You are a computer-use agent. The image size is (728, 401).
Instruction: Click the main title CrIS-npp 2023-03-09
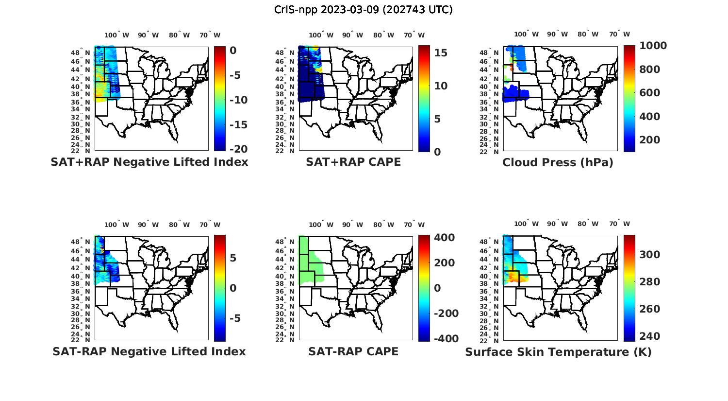(x=363, y=10)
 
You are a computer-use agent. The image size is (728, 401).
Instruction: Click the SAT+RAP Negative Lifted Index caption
(x=149, y=162)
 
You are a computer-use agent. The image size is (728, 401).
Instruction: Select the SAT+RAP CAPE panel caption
(x=353, y=162)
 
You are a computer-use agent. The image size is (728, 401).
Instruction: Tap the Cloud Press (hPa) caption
(x=558, y=162)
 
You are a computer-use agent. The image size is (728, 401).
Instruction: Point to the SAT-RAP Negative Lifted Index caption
(x=149, y=351)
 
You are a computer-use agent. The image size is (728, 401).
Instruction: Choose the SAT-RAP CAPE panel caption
(x=353, y=351)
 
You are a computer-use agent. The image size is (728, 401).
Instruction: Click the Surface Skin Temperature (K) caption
(x=558, y=352)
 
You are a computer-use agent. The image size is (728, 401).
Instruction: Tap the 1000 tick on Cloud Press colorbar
(x=653, y=46)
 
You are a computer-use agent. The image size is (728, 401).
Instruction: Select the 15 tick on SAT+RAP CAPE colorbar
(x=440, y=53)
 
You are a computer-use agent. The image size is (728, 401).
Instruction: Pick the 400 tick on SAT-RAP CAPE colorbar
(x=444, y=238)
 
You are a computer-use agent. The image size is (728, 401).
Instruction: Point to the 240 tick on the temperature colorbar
(x=650, y=336)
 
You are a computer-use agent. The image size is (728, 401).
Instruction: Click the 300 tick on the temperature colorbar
(x=650, y=255)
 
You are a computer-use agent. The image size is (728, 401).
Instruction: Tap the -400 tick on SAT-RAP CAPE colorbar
(x=445, y=339)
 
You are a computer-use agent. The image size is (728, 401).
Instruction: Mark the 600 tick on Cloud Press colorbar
(x=650, y=93)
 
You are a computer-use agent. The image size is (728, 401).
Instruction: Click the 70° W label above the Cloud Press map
(x=619, y=34)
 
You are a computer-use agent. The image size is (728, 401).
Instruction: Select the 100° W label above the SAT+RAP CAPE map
(x=321, y=35)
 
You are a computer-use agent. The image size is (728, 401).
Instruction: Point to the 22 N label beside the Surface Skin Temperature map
(x=493, y=340)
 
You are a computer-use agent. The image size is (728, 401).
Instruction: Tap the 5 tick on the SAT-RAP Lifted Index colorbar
(x=232, y=258)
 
